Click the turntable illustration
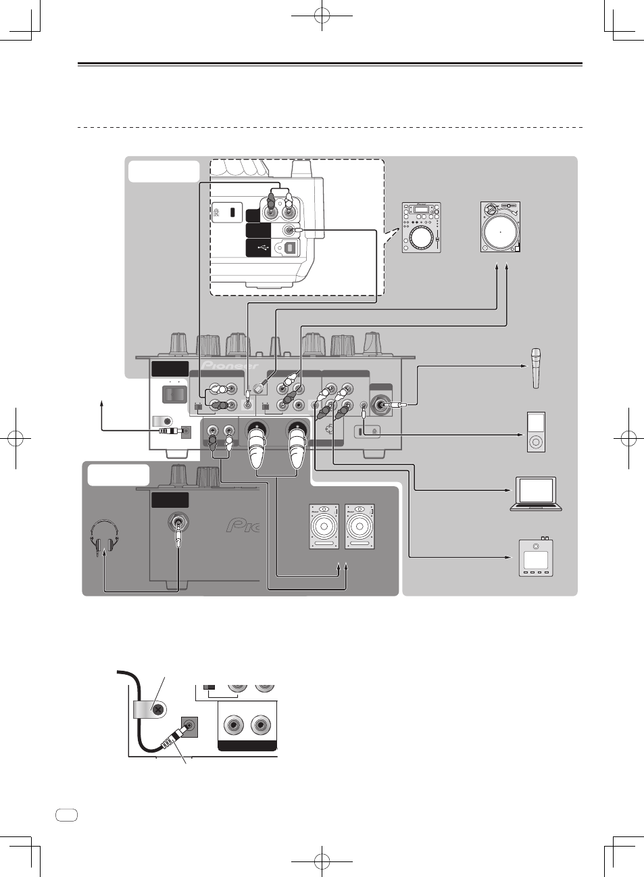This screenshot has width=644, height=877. [500, 227]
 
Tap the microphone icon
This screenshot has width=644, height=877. [536, 368]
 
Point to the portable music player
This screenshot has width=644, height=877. [535, 431]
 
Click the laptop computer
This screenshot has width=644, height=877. [536, 493]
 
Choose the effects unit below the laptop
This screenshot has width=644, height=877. [536, 557]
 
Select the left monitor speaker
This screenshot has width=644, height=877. [324, 526]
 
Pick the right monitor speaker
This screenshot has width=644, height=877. [360, 526]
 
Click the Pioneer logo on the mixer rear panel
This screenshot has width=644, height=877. [230, 366]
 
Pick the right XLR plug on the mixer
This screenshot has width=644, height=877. [298, 447]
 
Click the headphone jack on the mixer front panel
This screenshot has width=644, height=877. [178, 522]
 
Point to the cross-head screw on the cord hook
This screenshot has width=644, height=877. [158, 710]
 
